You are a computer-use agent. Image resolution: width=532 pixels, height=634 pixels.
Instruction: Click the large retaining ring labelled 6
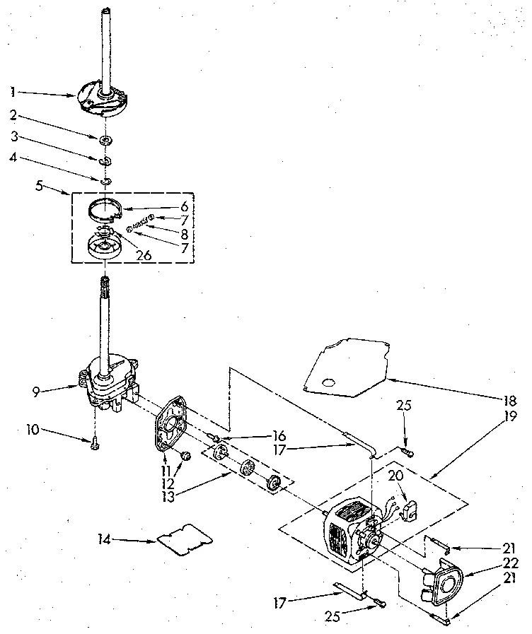pos(104,210)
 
